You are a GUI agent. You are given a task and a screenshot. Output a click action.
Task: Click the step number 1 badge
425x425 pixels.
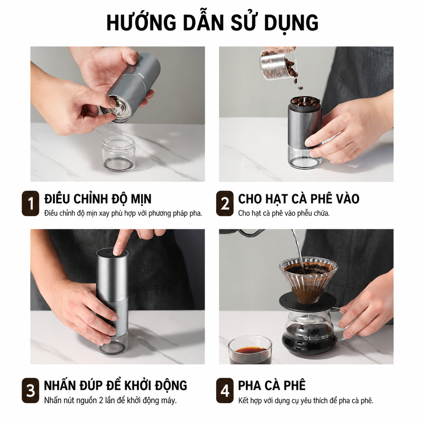pos(31,203)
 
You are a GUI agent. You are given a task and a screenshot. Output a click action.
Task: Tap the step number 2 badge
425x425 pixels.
pos(225,203)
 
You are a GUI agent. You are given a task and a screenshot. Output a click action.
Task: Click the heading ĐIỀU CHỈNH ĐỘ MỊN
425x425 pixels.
pos(98,199)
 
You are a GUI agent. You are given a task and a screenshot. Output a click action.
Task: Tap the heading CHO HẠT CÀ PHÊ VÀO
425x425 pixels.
pos(299,199)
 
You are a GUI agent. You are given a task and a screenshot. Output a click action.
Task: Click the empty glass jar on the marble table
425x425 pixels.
pos(119,154)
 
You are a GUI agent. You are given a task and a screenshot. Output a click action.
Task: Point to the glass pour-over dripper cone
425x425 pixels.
pos(308,280)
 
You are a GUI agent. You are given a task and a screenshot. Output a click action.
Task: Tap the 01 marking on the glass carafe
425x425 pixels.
pos(307,338)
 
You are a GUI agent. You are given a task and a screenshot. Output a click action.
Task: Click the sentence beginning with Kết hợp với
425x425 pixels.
pos(306,400)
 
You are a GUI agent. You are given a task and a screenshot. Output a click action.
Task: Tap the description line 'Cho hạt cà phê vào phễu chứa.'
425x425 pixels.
pos(284,213)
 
